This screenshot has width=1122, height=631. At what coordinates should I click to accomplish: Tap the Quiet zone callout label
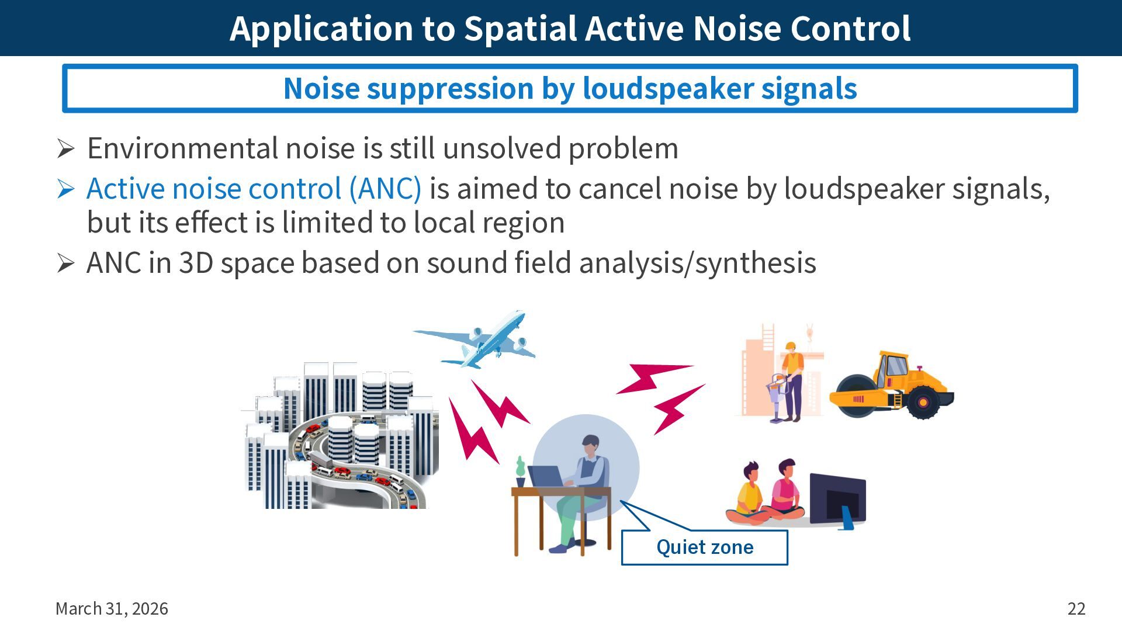(704, 547)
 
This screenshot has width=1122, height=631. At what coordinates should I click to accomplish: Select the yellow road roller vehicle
(891, 386)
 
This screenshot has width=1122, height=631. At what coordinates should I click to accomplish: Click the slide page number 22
(1076, 609)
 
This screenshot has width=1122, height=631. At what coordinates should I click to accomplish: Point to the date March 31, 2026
(112, 609)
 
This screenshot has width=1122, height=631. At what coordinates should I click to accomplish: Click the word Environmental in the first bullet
(182, 148)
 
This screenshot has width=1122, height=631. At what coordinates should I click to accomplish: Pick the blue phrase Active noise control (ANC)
(254, 189)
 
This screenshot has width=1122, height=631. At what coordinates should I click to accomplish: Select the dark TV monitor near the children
(837, 500)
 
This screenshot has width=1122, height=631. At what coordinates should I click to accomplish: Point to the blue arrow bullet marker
(65, 189)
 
